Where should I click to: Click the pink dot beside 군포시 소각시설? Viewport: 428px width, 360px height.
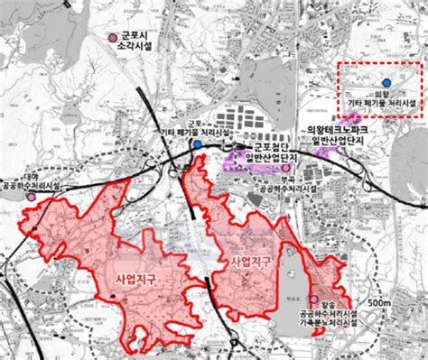[111, 38]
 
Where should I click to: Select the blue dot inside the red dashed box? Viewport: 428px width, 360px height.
[388, 82]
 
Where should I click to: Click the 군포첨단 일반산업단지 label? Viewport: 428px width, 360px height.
[272, 151]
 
